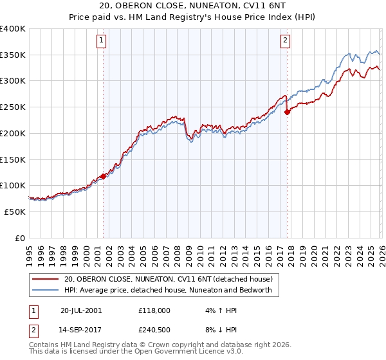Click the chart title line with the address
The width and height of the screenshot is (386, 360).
click(192, 6)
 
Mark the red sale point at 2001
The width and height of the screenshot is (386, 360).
click(103, 176)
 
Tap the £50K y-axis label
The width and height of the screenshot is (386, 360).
click(14, 212)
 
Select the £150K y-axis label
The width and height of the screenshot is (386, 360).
click(13, 159)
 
